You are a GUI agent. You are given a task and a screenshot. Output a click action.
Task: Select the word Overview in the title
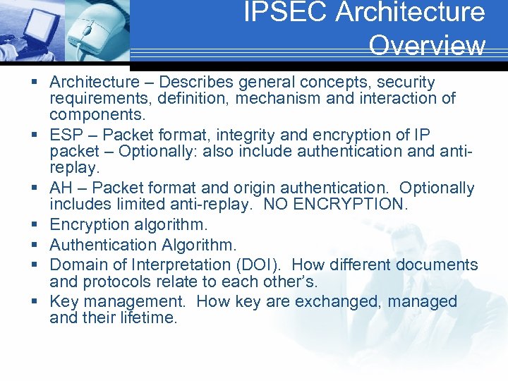coord(427,45)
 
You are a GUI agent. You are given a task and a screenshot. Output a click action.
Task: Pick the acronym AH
coord(61,188)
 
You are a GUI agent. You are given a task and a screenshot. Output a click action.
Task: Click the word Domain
coord(78,265)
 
